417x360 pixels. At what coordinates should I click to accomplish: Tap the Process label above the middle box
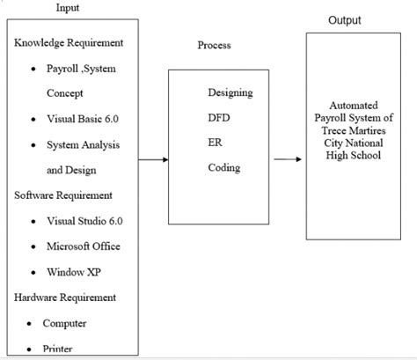point(216,45)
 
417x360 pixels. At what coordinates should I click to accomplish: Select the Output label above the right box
point(344,20)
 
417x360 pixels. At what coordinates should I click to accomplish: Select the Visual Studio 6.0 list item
point(91,221)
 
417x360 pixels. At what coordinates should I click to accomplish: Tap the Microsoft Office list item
point(84,246)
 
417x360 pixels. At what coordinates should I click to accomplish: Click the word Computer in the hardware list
point(64,323)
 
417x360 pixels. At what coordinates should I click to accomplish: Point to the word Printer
point(58,349)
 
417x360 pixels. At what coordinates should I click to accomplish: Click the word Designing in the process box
point(230,92)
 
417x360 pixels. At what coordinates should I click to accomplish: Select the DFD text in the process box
point(219,117)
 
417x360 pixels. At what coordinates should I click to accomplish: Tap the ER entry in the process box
point(215,143)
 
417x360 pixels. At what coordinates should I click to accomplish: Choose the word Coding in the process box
point(224,167)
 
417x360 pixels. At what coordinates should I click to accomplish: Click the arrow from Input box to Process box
point(153,159)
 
